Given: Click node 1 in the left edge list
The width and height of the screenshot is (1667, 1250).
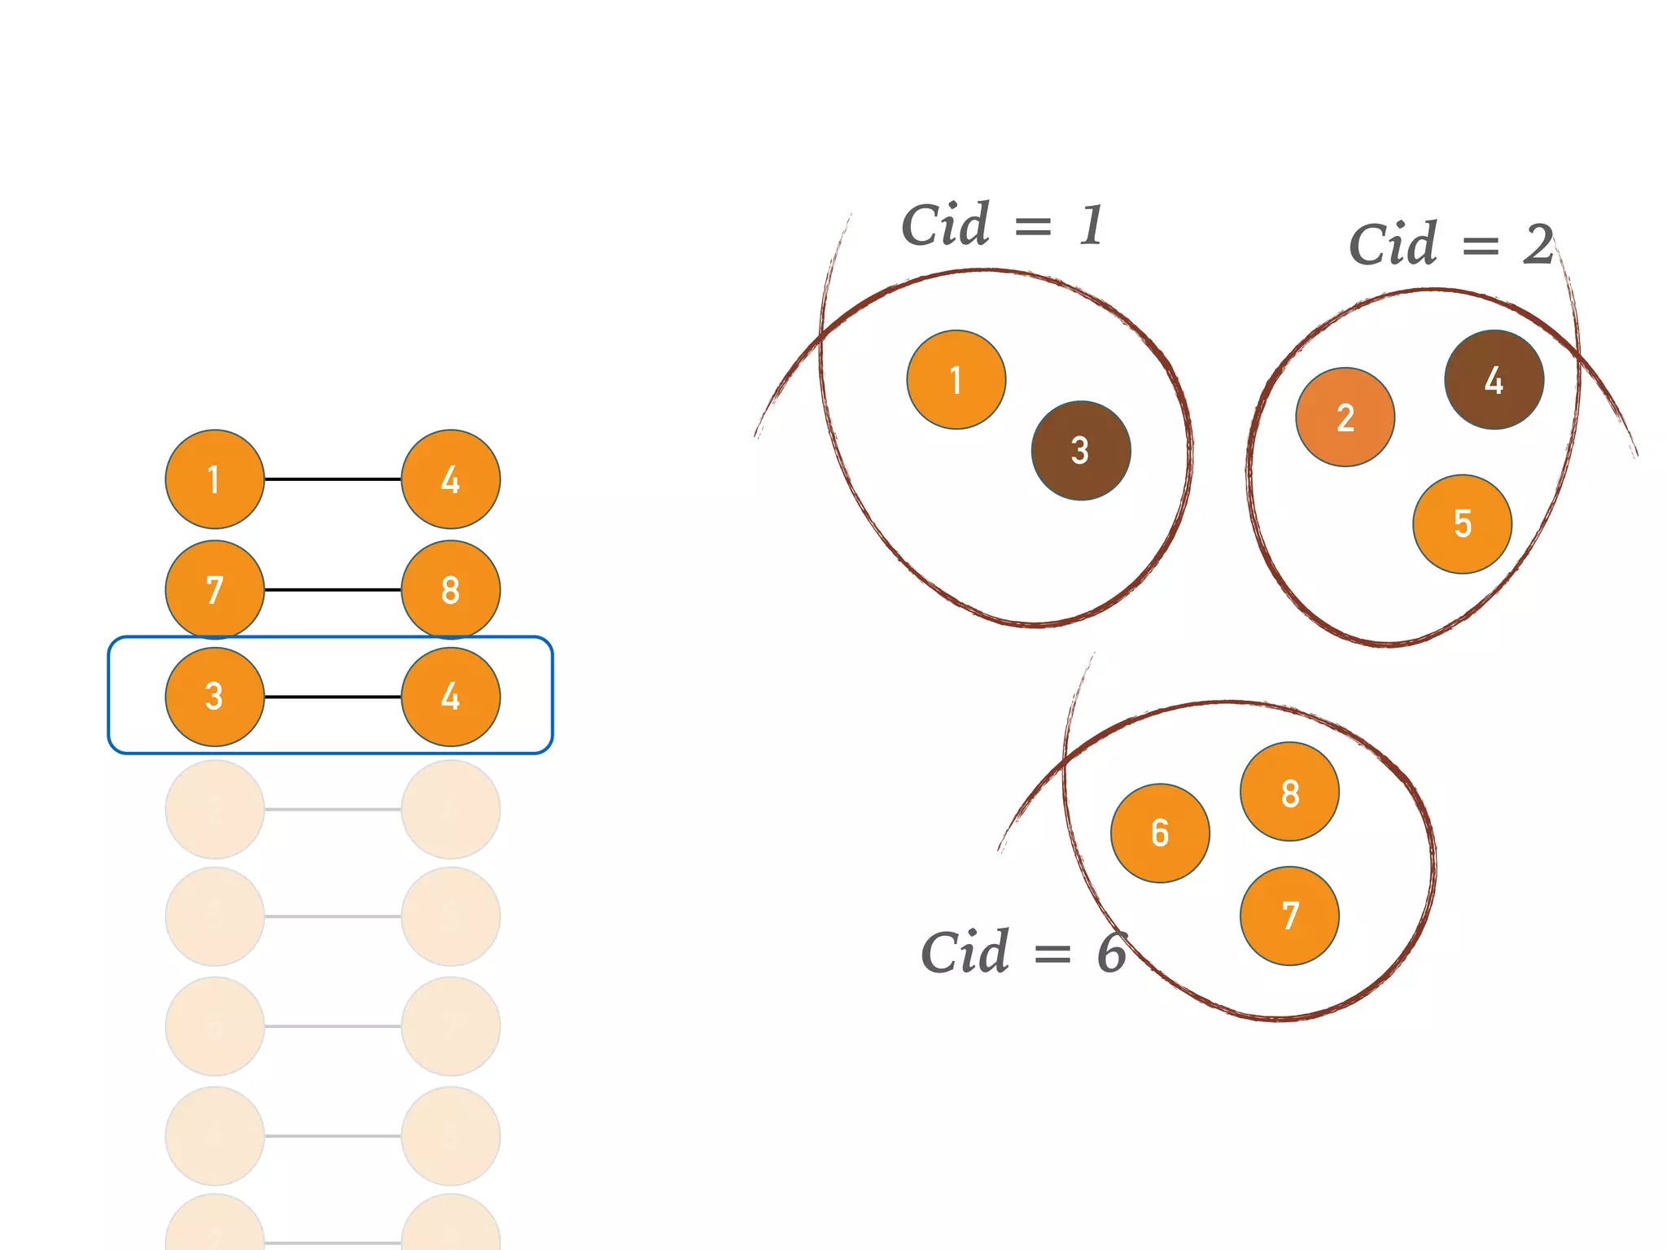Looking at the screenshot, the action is tap(215, 479).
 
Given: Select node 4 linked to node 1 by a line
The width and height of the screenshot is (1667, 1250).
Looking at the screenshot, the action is tap(451, 479).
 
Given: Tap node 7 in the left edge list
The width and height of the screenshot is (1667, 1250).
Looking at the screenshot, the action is tap(215, 589).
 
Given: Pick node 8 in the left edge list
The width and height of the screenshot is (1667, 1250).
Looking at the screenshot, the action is tap(451, 589).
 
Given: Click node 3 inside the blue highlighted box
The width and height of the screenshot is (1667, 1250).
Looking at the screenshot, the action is tap(215, 697).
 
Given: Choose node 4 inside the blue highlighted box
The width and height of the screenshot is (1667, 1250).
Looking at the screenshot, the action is tap(451, 697).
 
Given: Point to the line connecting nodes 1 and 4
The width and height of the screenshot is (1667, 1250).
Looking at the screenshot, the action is tap(333, 479).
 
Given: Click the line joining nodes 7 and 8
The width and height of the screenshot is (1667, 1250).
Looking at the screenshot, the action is tap(333, 589).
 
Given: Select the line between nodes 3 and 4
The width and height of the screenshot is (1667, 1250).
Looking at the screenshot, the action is tap(333, 697).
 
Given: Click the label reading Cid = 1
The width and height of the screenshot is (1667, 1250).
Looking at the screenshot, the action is tap(1003, 225).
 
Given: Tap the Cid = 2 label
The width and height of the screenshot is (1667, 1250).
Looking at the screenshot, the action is tap(1451, 244).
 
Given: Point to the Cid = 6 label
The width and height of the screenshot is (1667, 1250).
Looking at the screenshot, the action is tap(1023, 952).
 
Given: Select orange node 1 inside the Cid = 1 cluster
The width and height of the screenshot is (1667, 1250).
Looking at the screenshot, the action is tap(956, 379).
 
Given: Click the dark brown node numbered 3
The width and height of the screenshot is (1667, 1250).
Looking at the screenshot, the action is tap(1081, 450).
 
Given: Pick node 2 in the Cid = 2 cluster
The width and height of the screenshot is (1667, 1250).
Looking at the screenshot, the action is tap(1345, 417).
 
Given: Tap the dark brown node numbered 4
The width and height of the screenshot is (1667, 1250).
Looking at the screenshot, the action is tap(1494, 379).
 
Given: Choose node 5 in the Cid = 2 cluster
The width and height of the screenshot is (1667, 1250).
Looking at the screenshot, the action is tap(1463, 524).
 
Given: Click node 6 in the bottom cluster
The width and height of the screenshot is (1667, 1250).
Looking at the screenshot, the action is tap(1161, 833).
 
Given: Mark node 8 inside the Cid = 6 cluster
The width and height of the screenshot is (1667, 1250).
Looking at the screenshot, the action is tap(1290, 791).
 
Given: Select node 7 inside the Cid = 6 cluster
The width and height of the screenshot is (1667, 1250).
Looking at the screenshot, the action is tap(1290, 916).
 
